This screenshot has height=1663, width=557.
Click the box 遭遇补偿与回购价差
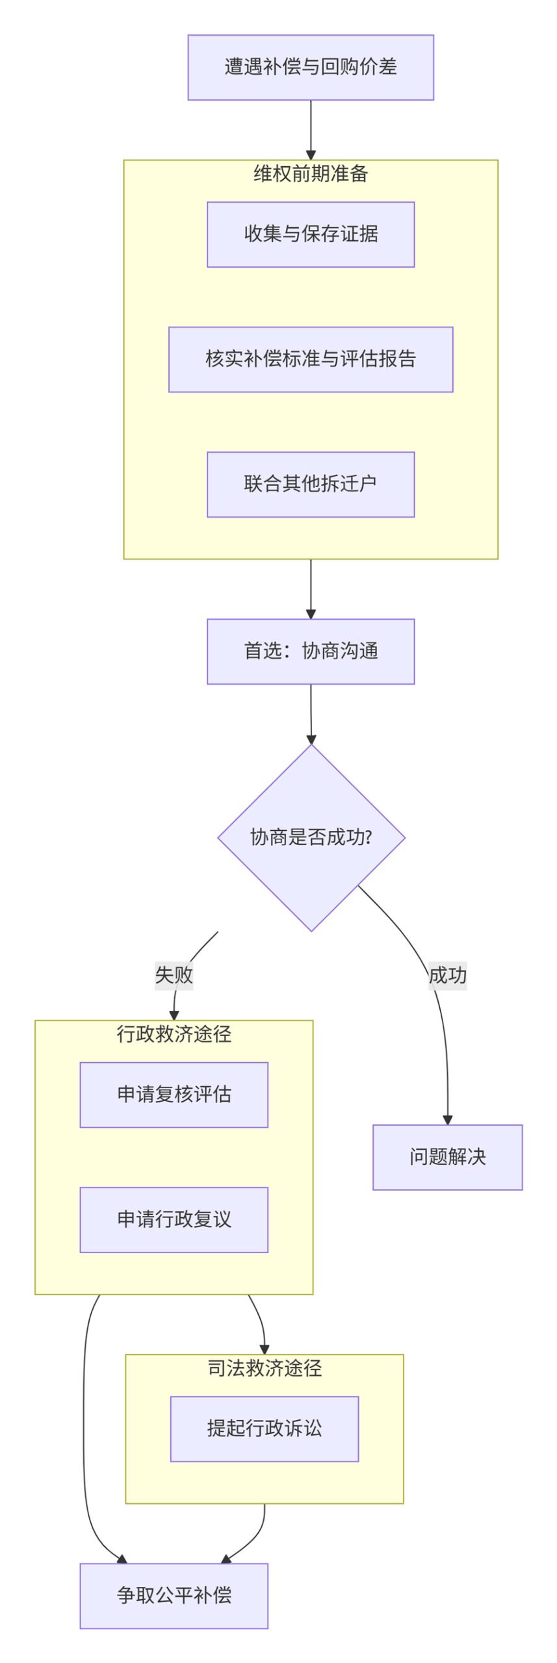point(310,67)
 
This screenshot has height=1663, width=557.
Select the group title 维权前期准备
point(310,173)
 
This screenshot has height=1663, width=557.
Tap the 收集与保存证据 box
point(310,234)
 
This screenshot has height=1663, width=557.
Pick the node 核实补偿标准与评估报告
point(310,359)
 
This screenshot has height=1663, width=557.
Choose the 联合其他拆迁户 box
point(310,483)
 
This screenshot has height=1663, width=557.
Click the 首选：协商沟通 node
point(310,650)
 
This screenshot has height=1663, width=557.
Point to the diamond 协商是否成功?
point(311,837)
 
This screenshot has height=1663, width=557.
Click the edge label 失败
point(174,974)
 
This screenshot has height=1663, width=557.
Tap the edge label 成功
point(447,975)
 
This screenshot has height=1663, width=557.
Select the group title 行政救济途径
point(174,1034)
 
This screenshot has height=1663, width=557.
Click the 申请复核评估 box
point(174,1094)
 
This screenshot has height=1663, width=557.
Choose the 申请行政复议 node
point(174,1219)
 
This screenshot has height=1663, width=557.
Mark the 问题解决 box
point(447,1156)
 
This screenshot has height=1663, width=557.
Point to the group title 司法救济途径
point(264,1368)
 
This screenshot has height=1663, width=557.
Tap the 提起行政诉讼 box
point(264,1428)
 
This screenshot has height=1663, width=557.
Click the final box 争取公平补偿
point(174,1595)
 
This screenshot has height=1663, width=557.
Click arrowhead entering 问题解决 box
point(447,1119)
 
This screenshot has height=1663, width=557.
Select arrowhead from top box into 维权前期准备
point(311,155)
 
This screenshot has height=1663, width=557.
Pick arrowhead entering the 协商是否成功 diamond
point(311,739)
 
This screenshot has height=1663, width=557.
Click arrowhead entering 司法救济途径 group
point(264,1349)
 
